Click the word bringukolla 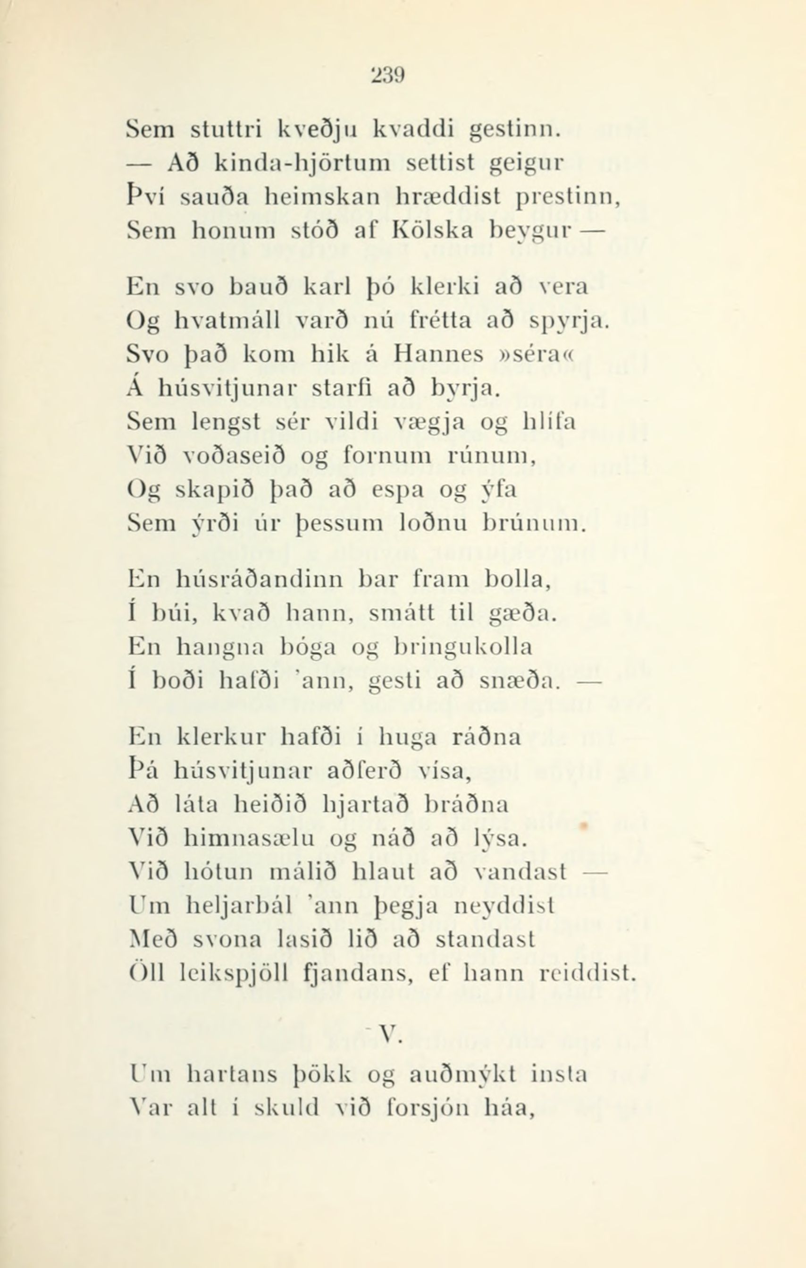(462, 647)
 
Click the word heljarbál (247, 906)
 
